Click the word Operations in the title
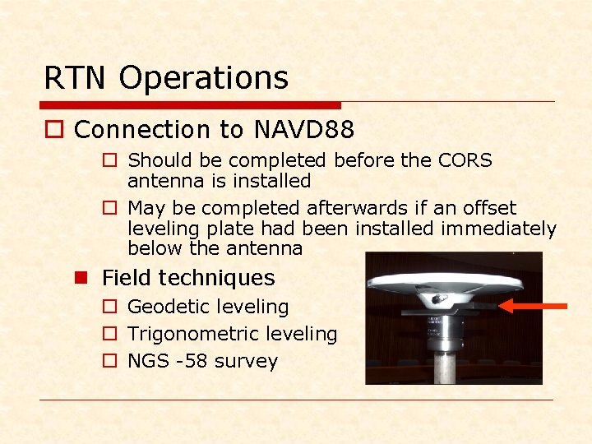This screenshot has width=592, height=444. [x=204, y=78]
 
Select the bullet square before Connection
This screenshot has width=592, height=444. [x=55, y=130]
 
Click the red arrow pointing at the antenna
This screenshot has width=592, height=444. [x=534, y=307]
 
